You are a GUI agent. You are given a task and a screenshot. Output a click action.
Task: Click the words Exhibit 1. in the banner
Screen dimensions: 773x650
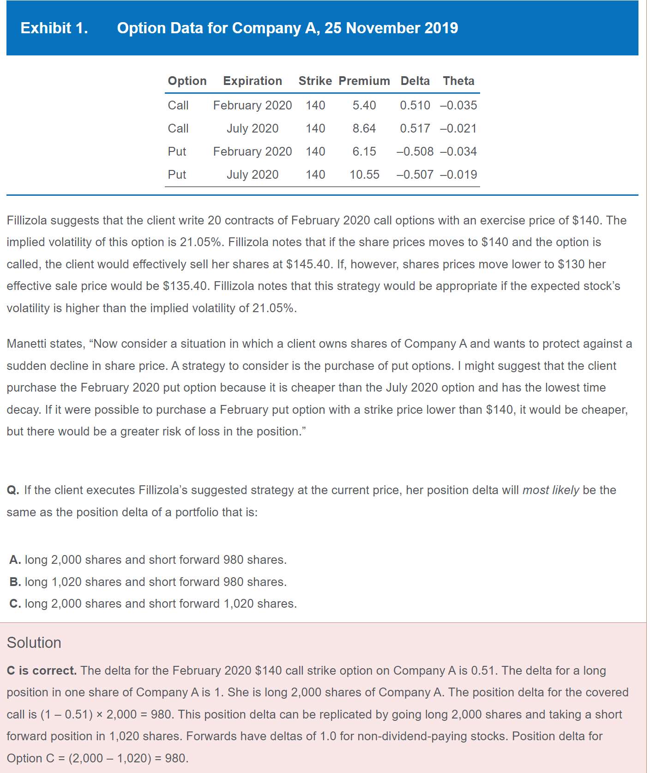tap(54, 28)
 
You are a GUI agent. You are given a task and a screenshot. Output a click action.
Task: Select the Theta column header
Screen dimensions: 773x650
tap(458, 81)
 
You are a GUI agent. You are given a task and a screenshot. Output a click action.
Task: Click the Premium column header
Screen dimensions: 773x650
tap(364, 81)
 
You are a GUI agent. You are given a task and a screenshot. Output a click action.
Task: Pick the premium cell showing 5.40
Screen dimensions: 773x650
tap(364, 105)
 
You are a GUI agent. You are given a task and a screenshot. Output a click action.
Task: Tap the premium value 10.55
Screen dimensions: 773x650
tap(364, 175)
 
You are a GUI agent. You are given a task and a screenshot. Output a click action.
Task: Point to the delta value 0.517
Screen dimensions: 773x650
tap(415, 128)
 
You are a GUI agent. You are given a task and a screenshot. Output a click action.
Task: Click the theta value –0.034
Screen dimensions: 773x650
tap(458, 151)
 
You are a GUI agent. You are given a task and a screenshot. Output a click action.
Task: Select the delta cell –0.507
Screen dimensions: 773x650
tap(415, 175)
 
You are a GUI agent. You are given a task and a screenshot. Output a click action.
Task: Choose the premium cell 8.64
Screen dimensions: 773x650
tap(364, 128)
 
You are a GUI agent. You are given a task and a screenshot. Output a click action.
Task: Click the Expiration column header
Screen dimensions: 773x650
tap(253, 81)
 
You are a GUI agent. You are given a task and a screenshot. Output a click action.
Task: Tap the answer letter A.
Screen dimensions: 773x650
tap(15, 560)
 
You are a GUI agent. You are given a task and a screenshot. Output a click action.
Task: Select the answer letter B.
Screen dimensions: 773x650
tap(15, 582)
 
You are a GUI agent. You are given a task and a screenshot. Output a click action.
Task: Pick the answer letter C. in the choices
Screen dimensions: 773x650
tap(15, 604)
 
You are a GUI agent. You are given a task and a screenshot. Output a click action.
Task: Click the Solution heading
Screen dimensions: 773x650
tap(34, 642)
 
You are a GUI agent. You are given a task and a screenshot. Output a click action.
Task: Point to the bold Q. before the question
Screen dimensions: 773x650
tap(13, 490)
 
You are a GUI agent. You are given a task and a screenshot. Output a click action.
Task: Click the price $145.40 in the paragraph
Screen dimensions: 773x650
tap(307, 264)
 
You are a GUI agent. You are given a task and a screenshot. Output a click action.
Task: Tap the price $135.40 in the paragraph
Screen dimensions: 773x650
tap(185, 286)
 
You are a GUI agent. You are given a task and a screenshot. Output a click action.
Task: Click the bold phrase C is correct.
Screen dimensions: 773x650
tap(42, 670)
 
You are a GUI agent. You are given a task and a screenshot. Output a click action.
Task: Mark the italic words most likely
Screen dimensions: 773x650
tap(550, 490)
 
